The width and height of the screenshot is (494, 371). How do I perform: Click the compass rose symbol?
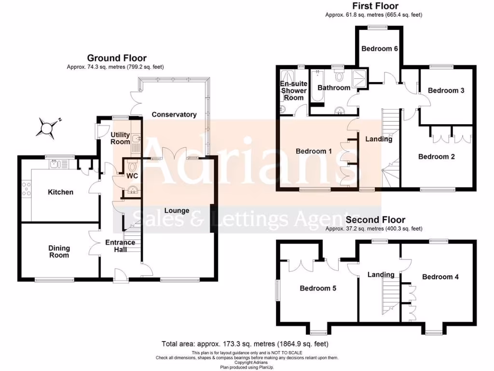pyautogui.click(x=48, y=128)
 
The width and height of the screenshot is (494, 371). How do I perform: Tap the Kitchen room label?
pyautogui.click(x=60, y=192)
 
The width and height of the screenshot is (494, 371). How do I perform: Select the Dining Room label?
pyautogui.click(x=59, y=252)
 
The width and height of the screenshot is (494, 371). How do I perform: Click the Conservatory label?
pyautogui.click(x=174, y=114)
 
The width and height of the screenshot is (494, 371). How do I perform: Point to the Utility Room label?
pyautogui.click(x=120, y=138)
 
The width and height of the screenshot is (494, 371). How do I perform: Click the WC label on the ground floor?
pyautogui.click(x=133, y=176)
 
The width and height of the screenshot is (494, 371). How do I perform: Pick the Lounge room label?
pyautogui.click(x=177, y=211)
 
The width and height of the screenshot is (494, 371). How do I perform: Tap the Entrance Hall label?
pyautogui.click(x=120, y=246)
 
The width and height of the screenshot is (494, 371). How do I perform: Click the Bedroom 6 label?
pyautogui.click(x=380, y=49)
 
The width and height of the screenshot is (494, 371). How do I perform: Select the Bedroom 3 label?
pyautogui.click(x=446, y=90)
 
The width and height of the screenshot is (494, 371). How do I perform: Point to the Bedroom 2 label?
pyautogui.click(x=437, y=157)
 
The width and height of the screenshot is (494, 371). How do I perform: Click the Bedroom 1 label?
pyautogui.click(x=314, y=151)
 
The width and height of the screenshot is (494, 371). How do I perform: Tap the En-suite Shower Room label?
pyautogui.click(x=293, y=90)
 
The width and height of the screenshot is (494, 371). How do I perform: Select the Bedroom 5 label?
pyautogui.click(x=318, y=288)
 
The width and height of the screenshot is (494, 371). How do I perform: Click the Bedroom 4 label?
pyautogui.click(x=440, y=277)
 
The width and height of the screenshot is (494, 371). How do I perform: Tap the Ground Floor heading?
pyautogui.click(x=117, y=58)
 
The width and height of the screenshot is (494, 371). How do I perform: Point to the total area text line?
pyautogui.click(x=245, y=344)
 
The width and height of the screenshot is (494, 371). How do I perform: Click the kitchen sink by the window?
pyautogui.click(x=55, y=165)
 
